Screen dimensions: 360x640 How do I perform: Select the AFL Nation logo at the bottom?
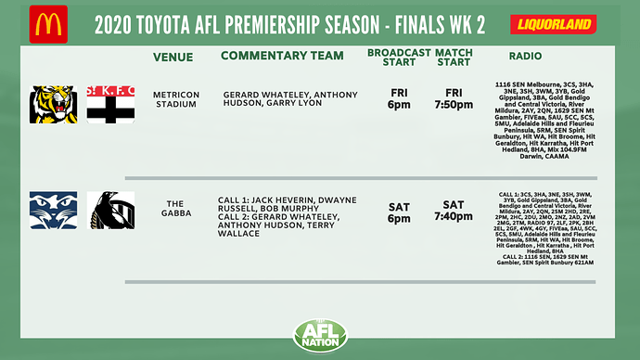click(319, 336)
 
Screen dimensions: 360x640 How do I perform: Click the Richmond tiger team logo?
click(54, 104)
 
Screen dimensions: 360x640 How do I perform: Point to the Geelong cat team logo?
click(53, 210)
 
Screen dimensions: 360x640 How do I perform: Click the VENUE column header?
click(174, 57)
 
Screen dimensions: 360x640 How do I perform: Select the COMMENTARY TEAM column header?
click(282, 56)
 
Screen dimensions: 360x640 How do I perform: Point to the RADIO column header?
click(545, 57)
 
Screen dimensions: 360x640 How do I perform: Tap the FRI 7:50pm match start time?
click(454, 99)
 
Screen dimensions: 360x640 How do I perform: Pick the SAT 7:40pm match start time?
click(454, 211)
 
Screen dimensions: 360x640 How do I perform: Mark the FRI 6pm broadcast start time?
click(399, 99)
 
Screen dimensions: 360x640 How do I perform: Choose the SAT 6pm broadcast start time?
click(399, 211)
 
